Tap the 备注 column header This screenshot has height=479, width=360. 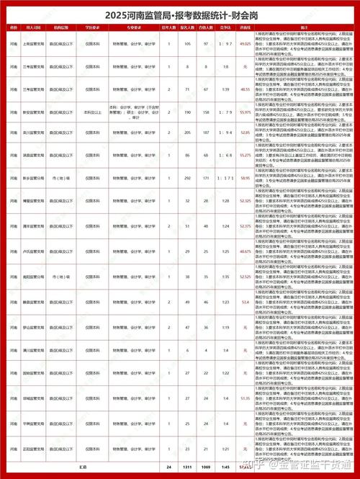click(305, 27)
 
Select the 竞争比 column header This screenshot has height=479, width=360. click(225, 27)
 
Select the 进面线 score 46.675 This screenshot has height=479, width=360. click(245, 251)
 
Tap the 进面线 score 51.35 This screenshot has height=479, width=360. click(245, 398)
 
